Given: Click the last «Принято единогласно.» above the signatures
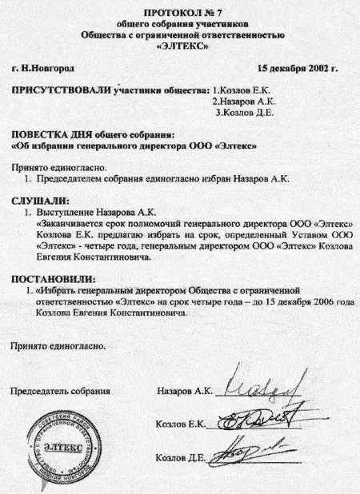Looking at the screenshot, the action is [58, 347].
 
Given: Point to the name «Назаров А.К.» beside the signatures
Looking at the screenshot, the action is [184, 392].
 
